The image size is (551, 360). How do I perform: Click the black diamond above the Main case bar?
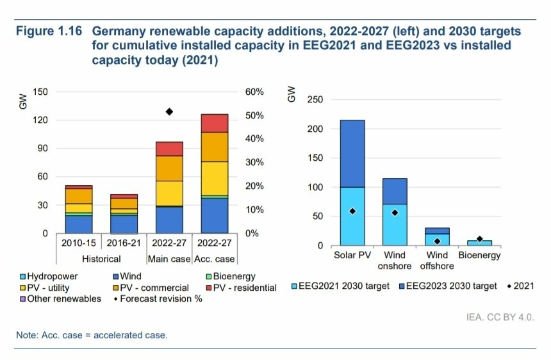tap(170, 111)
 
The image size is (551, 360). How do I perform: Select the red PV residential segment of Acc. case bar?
tap(215, 123)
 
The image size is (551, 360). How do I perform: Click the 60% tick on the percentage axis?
tap(254, 92)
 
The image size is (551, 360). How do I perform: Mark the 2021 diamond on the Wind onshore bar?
tap(395, 213)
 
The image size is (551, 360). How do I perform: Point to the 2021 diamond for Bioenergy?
tap(479, 238)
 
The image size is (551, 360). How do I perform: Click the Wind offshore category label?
tap(437, 261)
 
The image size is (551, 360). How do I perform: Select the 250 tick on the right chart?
tap(315, 100)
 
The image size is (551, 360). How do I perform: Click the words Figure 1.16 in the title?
tap(50, 31)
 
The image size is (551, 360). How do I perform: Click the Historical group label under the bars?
tap(101, 259)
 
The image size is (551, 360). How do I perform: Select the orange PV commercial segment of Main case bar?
tap(170, 168)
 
